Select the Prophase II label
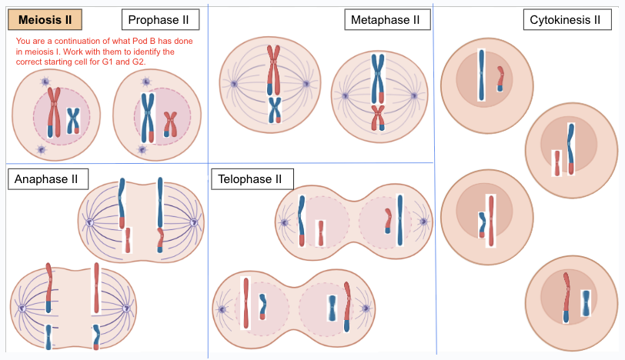click(x=160, y=19)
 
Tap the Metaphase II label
click(x=385, y=19)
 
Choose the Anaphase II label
click(x=47, y=179)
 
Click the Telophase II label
click(x=249, y=179)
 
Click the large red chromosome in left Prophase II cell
click(x=54, y=112)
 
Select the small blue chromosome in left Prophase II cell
click(x=73, y=121)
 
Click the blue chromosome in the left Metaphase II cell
click(x=274, y=109)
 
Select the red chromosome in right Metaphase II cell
click(x=377, y=118)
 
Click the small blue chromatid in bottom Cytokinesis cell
click(x=586, y=303)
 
